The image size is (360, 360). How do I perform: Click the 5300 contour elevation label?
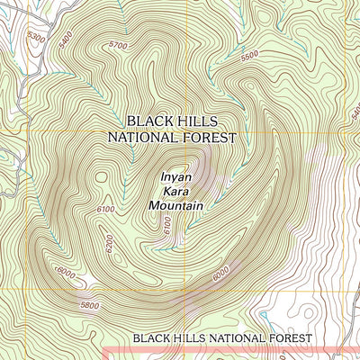pos(37,37)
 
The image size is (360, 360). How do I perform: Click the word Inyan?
pos(176,177)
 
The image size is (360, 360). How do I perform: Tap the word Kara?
pos(176,192)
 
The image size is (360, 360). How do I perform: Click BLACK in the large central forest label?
pos(148,121)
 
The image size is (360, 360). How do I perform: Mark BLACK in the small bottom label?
pos(151,337)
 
